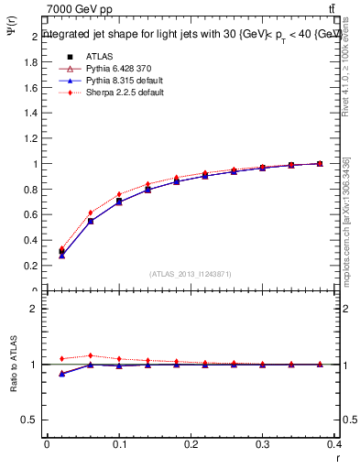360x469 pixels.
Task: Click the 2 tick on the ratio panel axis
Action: (35, 309)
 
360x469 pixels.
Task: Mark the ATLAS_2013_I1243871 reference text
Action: (191, 274)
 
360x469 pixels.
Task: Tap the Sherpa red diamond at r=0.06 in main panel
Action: (91, 213)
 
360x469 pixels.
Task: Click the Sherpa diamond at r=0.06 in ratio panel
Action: (91, 356)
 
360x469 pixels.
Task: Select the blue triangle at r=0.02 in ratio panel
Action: (61, 374)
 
